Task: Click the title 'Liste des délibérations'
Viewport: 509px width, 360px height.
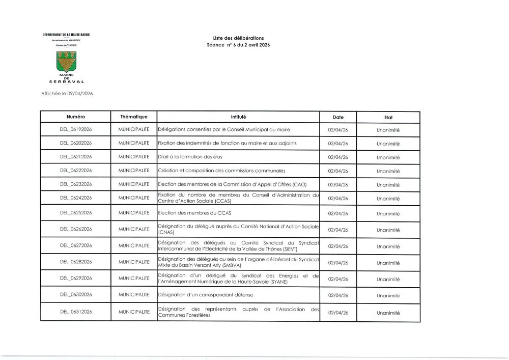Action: (238, 39)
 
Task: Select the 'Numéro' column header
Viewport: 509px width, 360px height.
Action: (75, 117)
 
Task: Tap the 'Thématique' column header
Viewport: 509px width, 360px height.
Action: (134, 117)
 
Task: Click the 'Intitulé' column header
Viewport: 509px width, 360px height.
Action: (238, 117)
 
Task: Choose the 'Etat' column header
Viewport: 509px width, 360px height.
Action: (388, 117)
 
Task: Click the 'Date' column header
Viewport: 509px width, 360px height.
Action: (338, 117)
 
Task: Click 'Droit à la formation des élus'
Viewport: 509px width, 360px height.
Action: (190, 157)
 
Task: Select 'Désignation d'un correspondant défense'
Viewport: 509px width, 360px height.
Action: (205, 295)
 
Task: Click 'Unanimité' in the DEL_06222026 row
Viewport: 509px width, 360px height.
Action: (388, 171)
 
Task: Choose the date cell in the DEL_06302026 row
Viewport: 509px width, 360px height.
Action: (338, 295)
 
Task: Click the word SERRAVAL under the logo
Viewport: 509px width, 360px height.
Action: (66, 81)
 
